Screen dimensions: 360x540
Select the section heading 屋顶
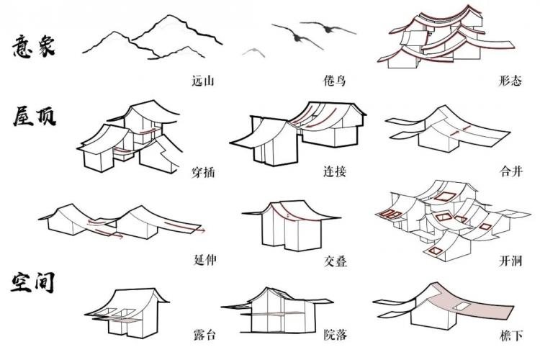(x=33, y=117)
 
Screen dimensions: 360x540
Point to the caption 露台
(x=204, y=336)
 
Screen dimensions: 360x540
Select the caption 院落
(x=335, y=336)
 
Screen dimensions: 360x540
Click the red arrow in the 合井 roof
(x=457, y=132)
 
